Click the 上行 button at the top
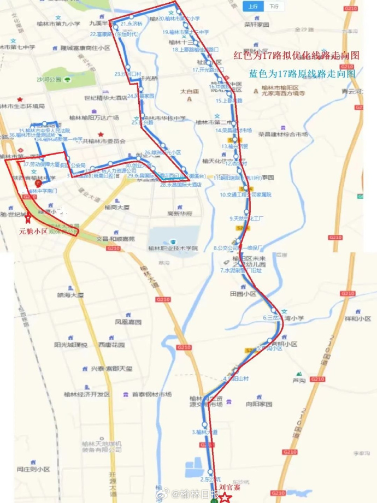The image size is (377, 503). coord(252,7)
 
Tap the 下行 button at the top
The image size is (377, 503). coord(273,7)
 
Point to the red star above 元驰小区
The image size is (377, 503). coord(28,218)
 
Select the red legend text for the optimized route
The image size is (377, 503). coord(296,55)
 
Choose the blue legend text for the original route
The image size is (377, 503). coord(302,73)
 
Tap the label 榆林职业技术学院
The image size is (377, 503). coord(173,248)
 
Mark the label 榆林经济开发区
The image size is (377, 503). coord(85,394)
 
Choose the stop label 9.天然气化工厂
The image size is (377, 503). coord(246,218)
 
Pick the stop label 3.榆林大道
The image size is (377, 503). coord(205,432)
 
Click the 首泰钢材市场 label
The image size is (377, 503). coord(151,394)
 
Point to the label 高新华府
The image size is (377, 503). coord(180,214)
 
